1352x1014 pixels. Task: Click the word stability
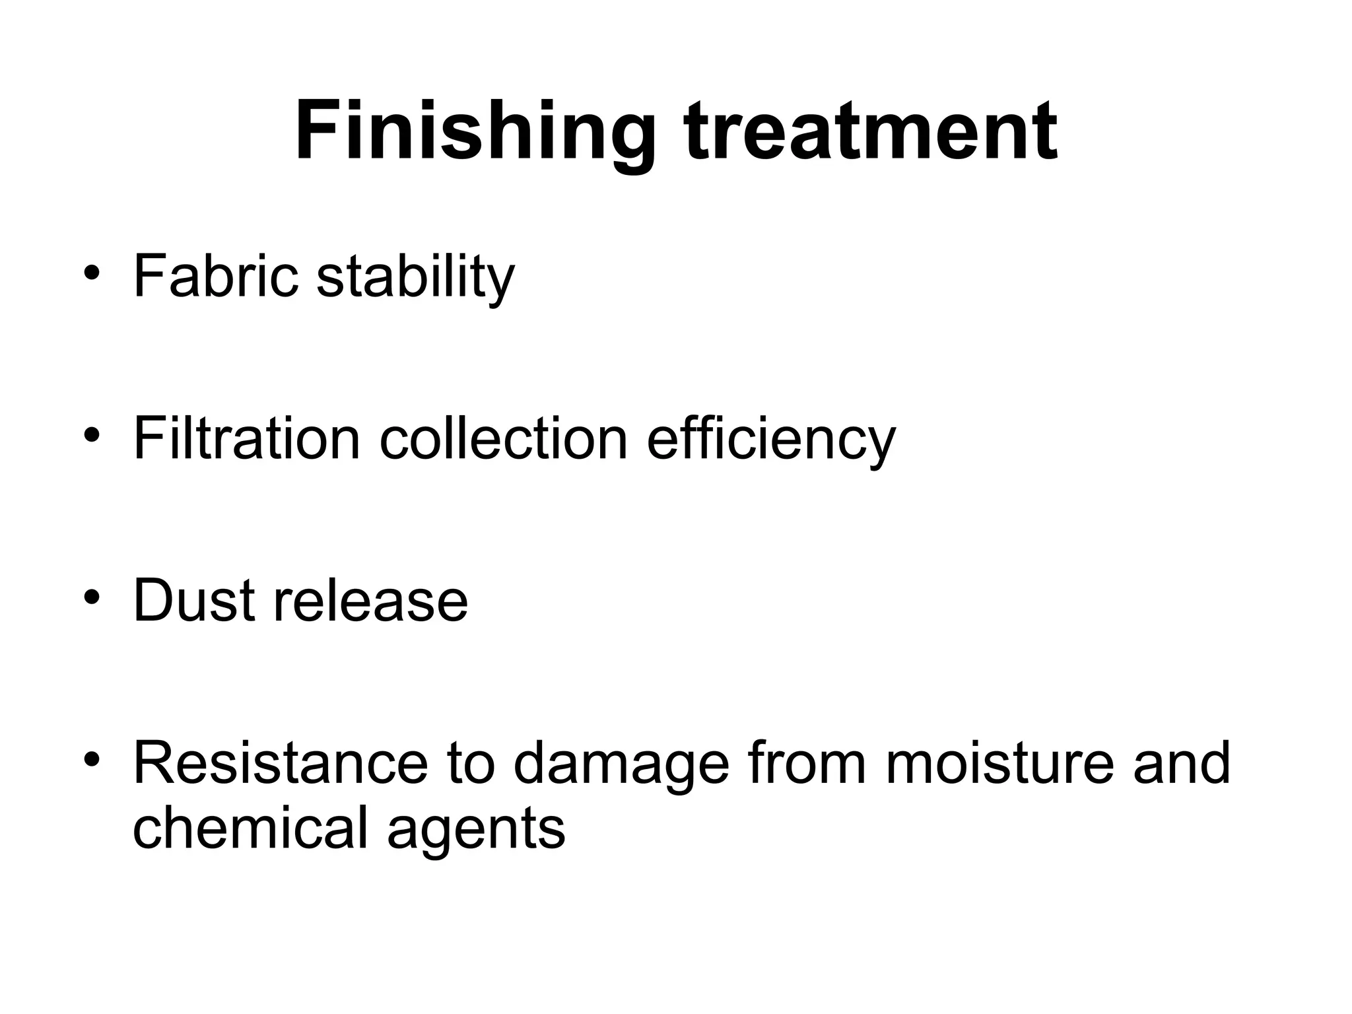point(415,277)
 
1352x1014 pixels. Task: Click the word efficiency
point(770,440)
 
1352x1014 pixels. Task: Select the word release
point(370,600)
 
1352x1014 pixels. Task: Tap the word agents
point(476,830)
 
